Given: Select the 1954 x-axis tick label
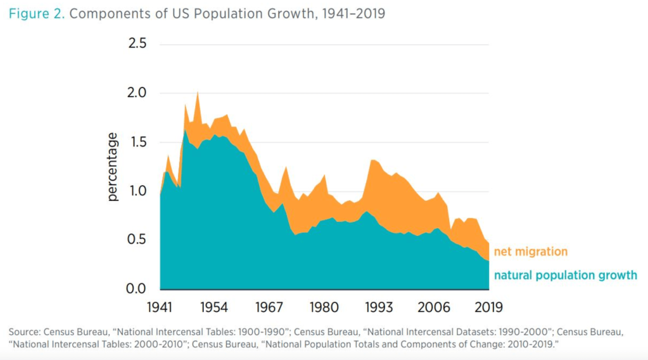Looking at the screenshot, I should pyautogui.click(x=215, y=308).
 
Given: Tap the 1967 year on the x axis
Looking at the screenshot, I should pyautogui.click(x=269, y=308).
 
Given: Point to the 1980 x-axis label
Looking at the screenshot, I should pyautogui.click(x=324, y=308).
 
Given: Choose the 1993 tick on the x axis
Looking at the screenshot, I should pyautogui.click(x=379, y=308).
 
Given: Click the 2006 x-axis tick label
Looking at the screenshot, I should pyautogui.click(x=434, y=308).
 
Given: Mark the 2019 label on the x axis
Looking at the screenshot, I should pyautogui.click(x=488, y=308).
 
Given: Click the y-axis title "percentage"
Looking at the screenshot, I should pyautogui.click(x=113, y=167).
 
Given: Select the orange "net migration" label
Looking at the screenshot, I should pyautogui.click(x=530, y=252).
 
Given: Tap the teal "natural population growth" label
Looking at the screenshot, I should pyautogui.click(x=565, y=276).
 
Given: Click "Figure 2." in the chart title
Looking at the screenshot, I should pyautogui.click(x=36, y=13).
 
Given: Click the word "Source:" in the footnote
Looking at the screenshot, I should pyautogui.click(x=26, y=332).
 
